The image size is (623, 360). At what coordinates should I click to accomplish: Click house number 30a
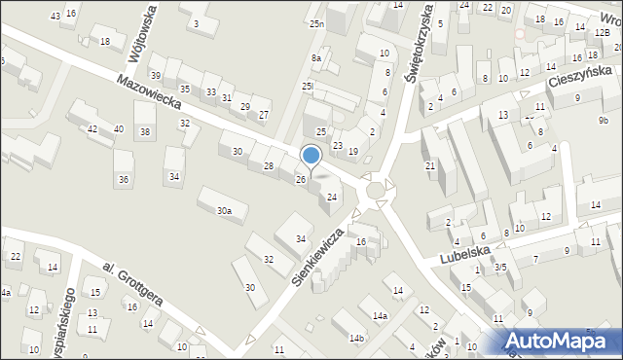coord(224,210)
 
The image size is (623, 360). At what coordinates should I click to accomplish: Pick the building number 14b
coord(357,338)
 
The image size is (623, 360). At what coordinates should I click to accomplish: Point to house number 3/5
coord(500,267)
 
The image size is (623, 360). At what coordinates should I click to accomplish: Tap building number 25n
coord(315,22)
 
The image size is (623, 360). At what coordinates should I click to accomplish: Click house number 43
coord(55,17)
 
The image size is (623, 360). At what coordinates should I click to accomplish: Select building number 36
coord(124,179)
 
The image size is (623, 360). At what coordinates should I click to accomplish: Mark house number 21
coord(429,166)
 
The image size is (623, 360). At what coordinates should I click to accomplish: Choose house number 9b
coord(604,120)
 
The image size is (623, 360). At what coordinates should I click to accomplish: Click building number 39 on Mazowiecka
coord(156,75)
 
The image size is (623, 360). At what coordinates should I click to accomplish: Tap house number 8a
coord(315,58)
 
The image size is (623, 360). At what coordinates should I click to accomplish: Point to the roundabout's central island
coord(376,189)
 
